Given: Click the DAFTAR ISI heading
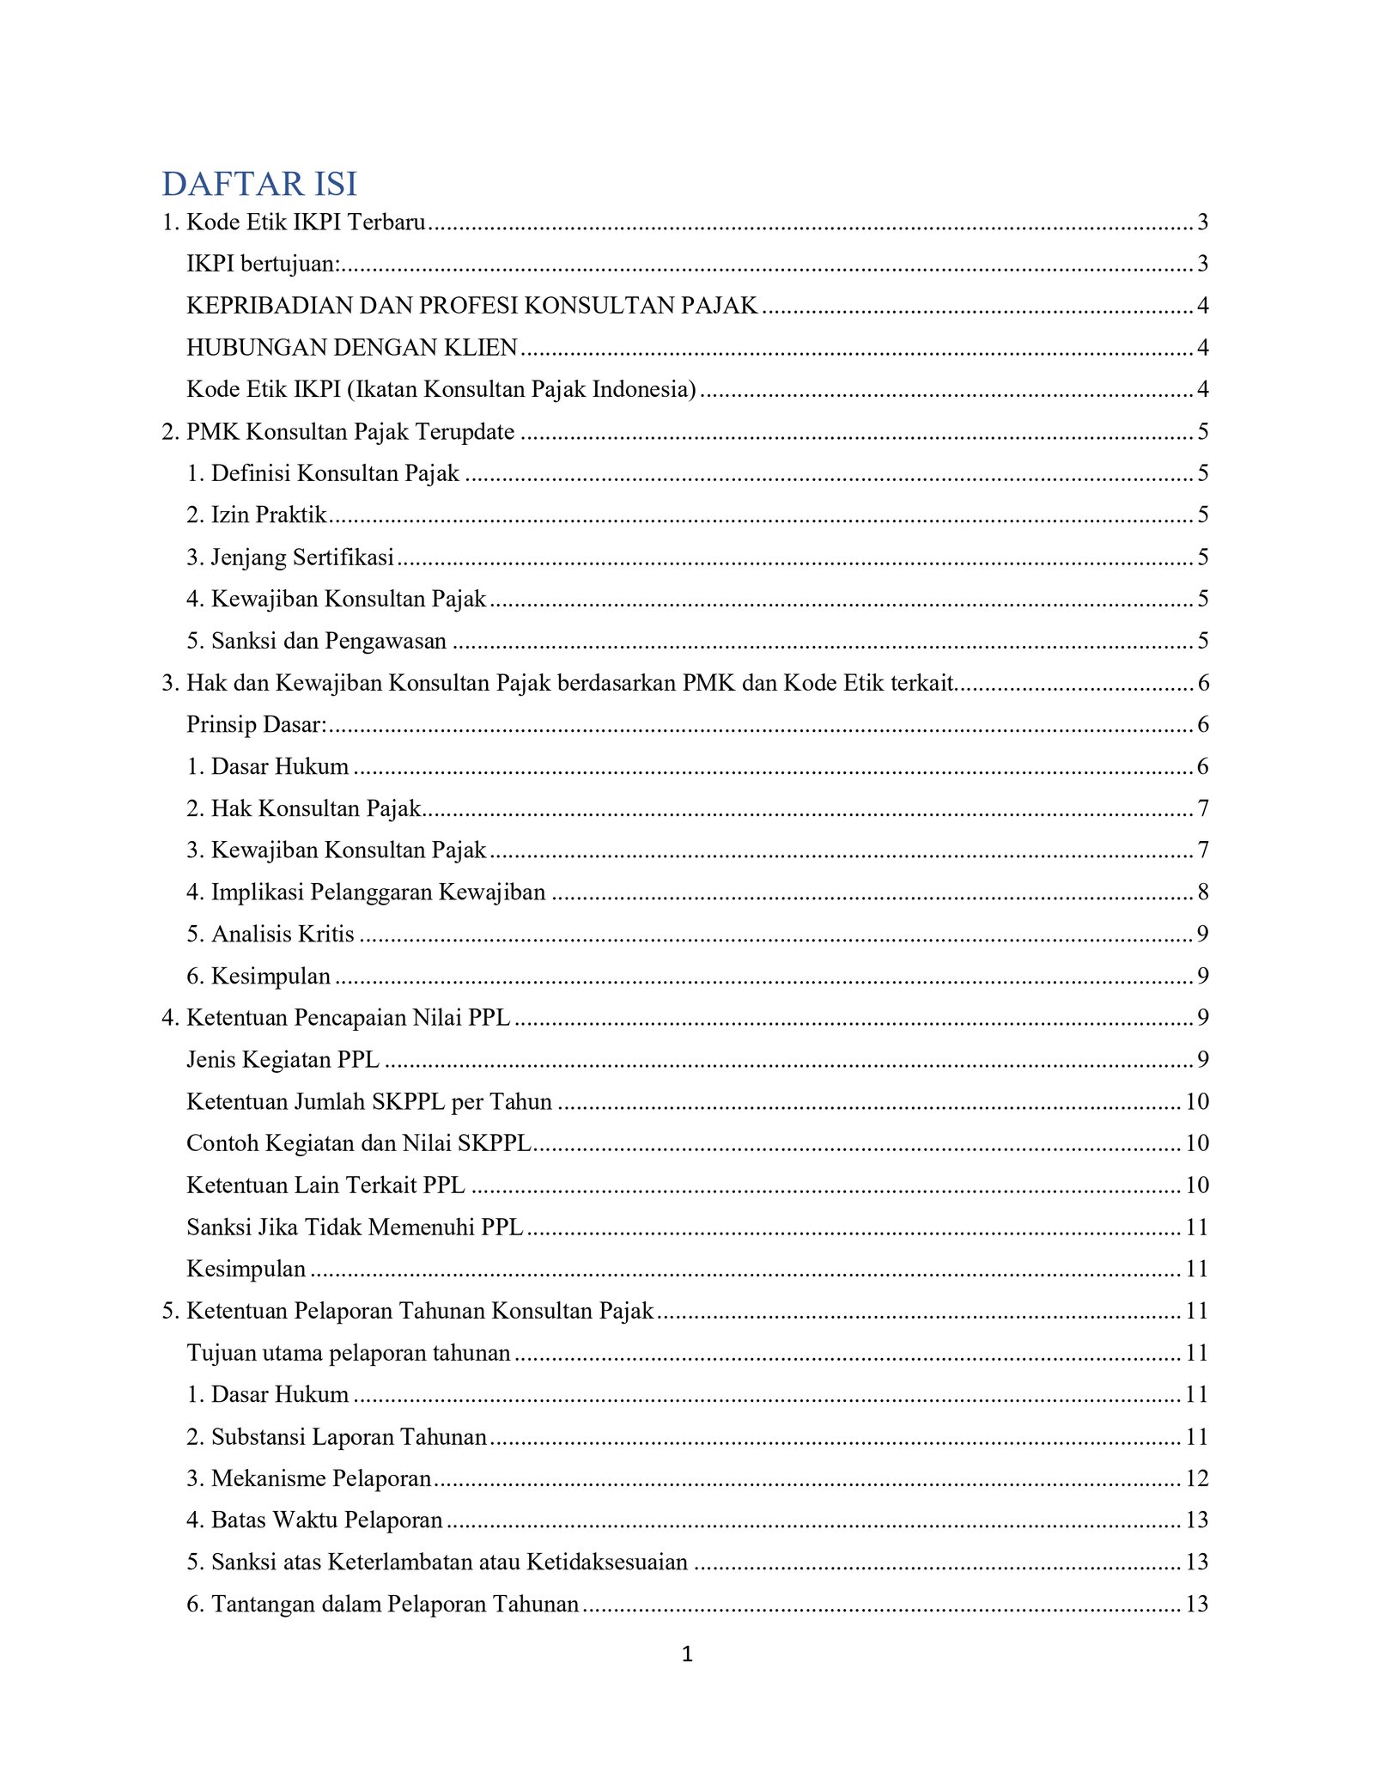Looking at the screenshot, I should [x=259, y=184].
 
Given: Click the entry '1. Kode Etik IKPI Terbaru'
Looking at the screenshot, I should [x=294, y=222].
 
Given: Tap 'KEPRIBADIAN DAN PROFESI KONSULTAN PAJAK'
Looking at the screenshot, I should [x=472, y=306].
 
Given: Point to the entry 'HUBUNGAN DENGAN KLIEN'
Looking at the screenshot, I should [x=352, y=347].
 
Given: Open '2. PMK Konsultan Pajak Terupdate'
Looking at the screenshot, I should [x=338, y=431].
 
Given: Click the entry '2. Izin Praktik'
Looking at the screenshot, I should [x=257, y=515].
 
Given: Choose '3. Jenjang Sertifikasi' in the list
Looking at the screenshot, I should [x=290, y=557].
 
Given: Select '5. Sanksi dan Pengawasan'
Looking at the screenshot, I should [x=317, y=641].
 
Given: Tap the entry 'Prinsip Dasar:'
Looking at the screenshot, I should [x=257, y=725].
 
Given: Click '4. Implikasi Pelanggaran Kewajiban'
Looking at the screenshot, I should [x=366, y=893].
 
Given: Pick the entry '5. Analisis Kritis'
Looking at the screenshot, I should [x=271, y=934].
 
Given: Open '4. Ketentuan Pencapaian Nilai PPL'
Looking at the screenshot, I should [x=336, y=1018].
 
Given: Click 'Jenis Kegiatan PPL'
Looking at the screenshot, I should [x=283, y=1060].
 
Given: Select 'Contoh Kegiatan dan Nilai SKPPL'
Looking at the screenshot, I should [x=359, y=1143].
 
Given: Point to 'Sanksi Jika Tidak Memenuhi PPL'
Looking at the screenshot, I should [x=355, y=1228].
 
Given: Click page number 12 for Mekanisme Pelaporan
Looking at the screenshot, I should [x=1197, y=1478].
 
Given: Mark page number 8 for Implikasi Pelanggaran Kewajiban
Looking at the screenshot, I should [x=1203, y=893].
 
